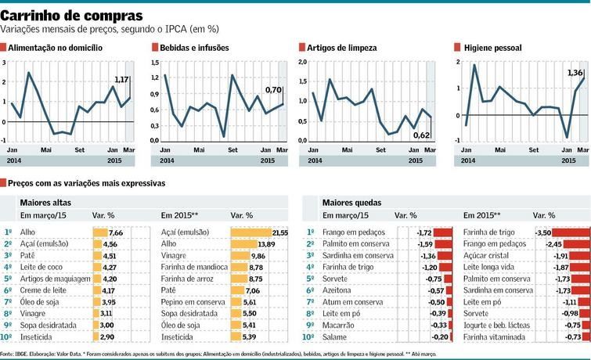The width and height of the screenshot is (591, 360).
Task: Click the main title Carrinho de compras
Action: click(72, 15)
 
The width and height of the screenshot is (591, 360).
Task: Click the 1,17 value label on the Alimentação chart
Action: click(121, 80)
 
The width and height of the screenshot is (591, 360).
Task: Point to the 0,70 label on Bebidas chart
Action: click(272, 90)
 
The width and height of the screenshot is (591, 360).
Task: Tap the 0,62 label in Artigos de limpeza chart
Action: click(421, 135)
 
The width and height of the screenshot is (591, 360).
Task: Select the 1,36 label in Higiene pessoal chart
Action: click(575, 72)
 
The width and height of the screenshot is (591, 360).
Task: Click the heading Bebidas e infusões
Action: click(194, 48)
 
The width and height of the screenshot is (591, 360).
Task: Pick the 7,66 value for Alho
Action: click(117, 232)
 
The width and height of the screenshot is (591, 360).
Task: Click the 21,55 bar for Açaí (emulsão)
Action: click(254, 232)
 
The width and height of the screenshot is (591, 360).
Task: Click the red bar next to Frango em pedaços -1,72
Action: click(443, 232)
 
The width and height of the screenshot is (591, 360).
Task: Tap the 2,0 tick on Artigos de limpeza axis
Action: click(301, 61)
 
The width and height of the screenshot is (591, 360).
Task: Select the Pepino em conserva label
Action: click(189, 301)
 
